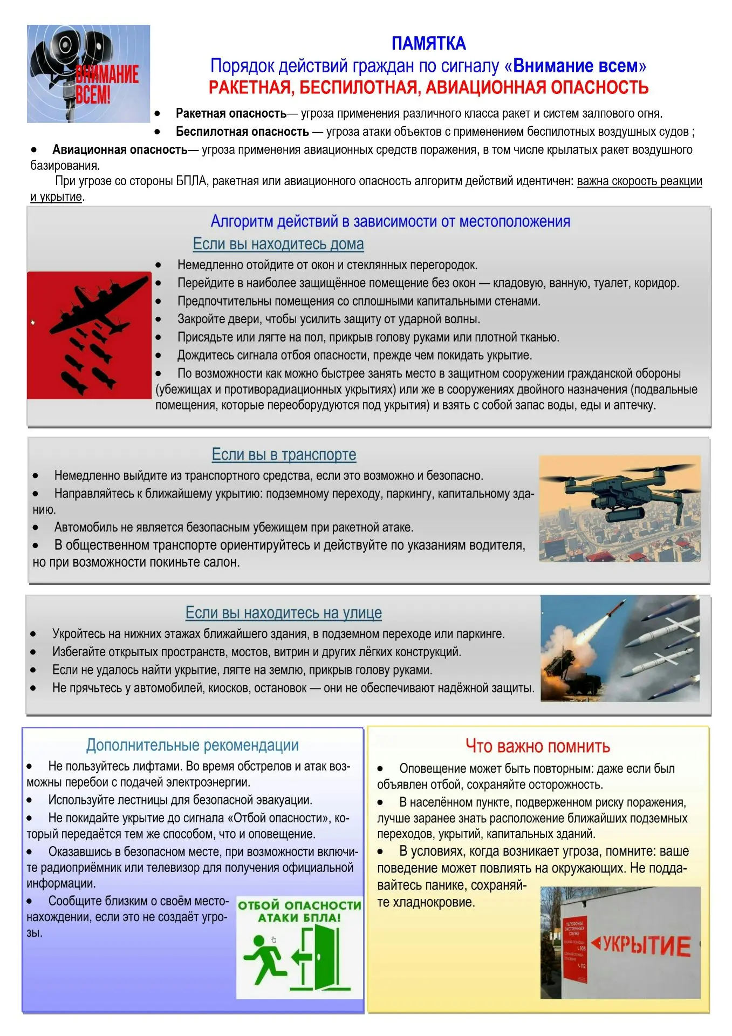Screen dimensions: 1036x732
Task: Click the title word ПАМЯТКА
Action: (x=428, y=43)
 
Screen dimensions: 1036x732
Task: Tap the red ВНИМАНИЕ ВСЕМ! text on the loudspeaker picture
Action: (x=107, y=84)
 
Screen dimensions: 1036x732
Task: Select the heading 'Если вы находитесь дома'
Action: (x=278, y=244)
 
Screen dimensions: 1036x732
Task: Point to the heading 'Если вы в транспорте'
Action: (x=284, y=455)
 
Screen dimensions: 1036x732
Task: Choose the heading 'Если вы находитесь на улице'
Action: (x=284, y=613)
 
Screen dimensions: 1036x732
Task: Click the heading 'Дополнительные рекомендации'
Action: (x=193, y=745)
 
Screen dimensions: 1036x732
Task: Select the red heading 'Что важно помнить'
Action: (x=538, y=746)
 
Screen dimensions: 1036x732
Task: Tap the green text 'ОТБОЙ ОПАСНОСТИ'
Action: (x=299, y=905)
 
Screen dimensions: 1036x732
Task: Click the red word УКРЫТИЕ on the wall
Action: (x=646, y=945)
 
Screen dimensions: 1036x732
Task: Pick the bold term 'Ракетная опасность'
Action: (x=231, y=113)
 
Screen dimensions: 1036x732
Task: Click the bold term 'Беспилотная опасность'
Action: (x=242, y=132)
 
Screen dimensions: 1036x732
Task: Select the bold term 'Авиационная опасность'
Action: (x=120, y=149)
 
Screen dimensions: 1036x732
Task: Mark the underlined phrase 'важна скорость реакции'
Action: (x=639, y=181)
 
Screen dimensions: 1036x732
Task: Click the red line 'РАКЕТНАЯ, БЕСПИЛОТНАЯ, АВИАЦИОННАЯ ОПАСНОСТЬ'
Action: (x=428, y=87)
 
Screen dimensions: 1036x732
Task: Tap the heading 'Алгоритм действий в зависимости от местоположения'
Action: (x=390, y=221)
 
